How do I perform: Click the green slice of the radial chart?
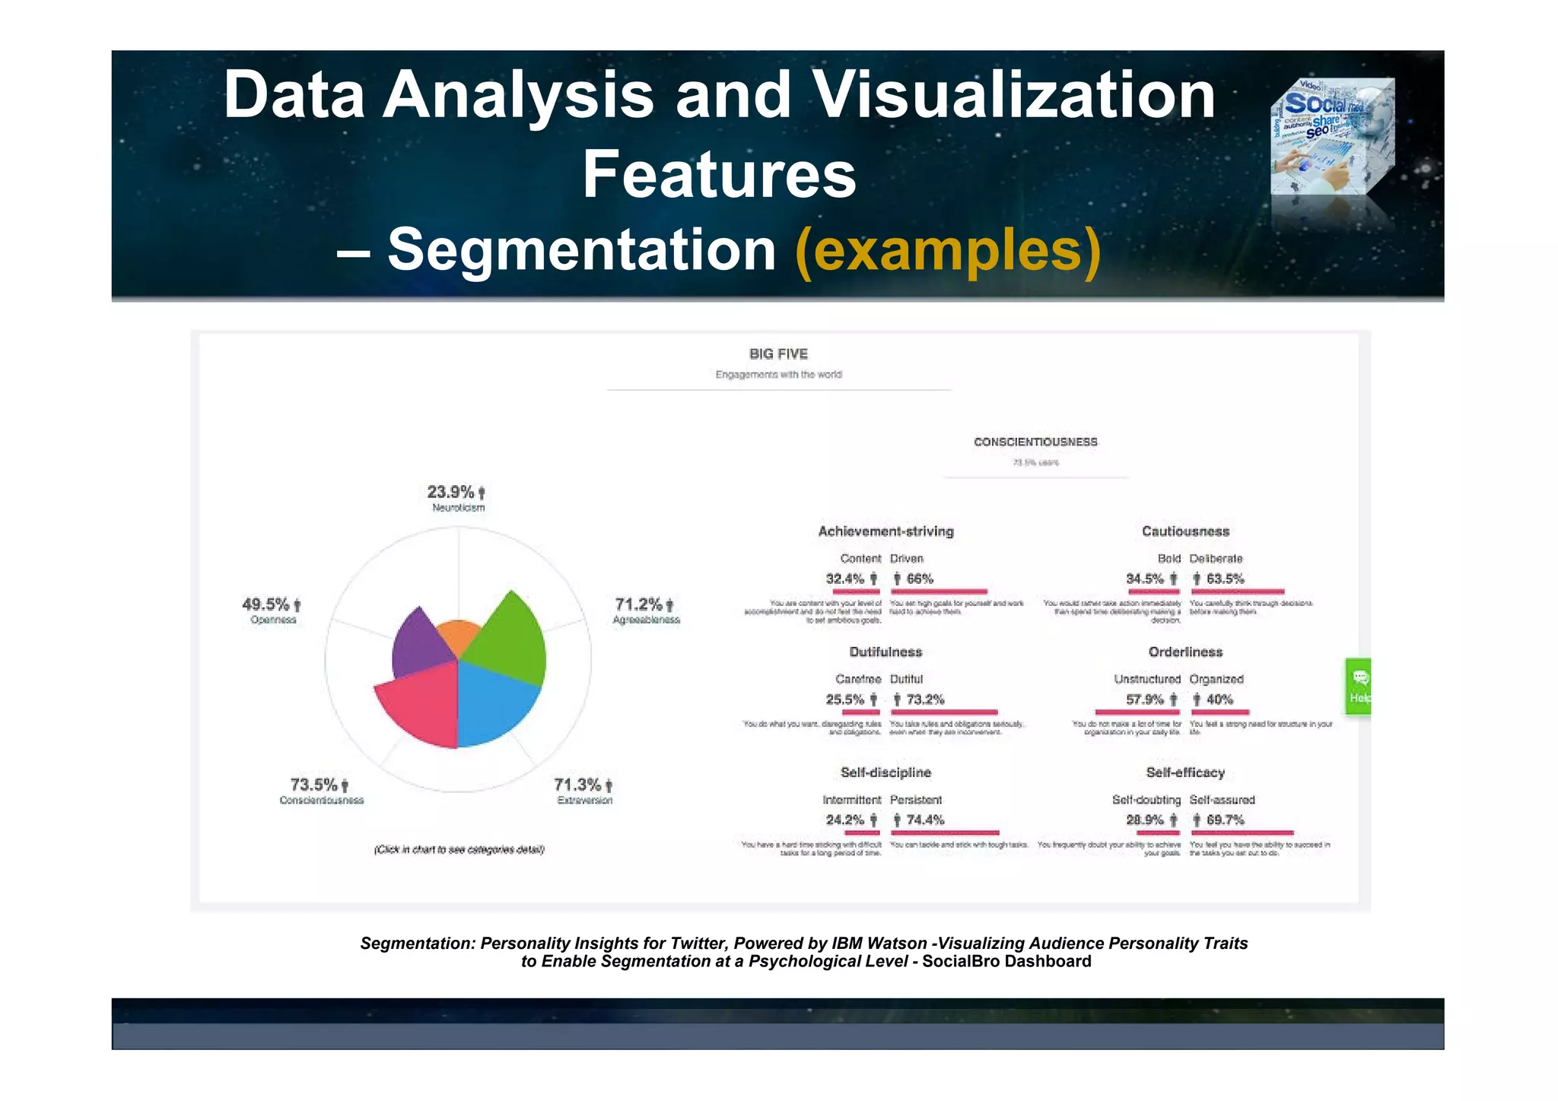tap(510, 639)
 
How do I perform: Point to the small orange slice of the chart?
tap(459, 635)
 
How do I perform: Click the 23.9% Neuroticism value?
tap(451, 492)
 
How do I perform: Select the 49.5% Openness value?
tap(266, 604)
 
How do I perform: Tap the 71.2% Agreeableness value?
tap(639, 604)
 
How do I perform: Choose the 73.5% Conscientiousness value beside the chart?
tap(314, 785)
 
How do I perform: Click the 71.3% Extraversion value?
tap(578, 785)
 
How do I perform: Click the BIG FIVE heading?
tap(778, 354)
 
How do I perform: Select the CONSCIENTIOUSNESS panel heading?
tap(1035, 442)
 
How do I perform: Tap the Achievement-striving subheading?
tap(886, 531)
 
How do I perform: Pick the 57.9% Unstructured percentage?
tap(1145, 700)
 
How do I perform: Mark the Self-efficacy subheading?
tap(1185, 773)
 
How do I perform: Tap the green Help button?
tap(1358, 687)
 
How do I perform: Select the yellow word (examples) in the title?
tap(947, 249)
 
